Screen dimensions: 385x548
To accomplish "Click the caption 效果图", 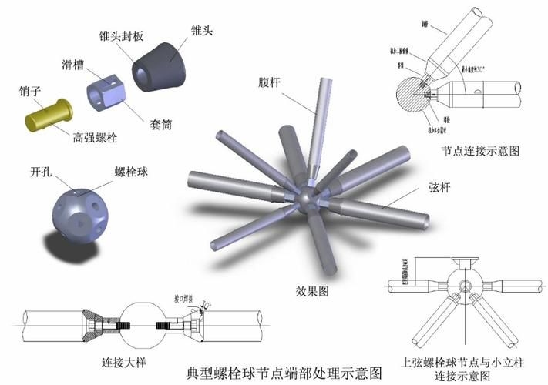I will (x=309, y=291).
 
